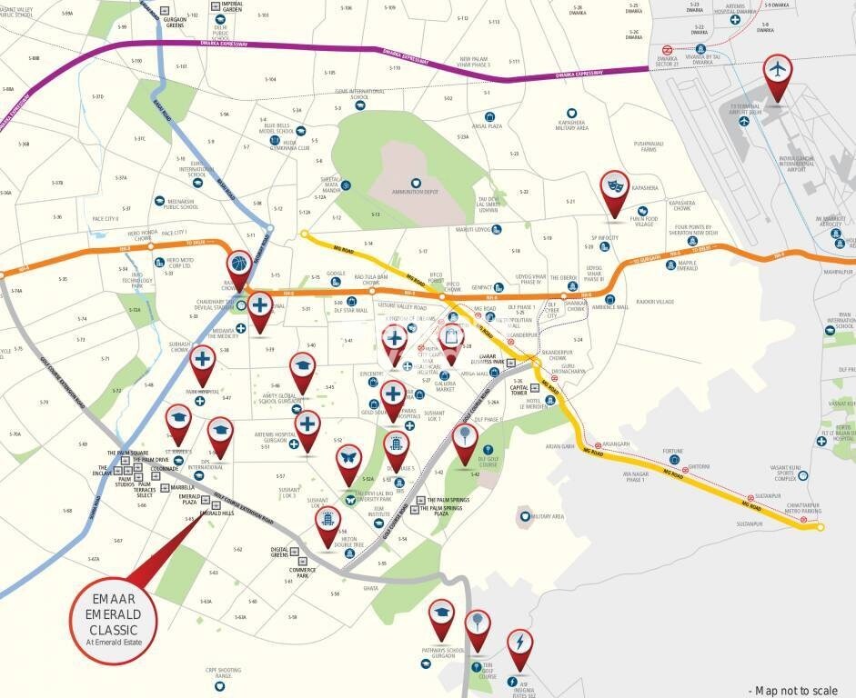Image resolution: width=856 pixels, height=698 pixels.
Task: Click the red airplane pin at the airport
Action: point(777,73)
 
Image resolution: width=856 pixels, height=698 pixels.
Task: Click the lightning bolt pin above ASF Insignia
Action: point(519,644)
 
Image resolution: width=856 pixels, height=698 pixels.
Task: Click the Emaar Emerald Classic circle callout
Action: point(115,617)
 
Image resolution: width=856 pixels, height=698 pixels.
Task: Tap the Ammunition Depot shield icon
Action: point(416,183)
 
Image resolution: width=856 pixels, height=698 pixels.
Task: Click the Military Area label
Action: point(548,516)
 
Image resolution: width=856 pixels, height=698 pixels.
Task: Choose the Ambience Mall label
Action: point(609,307)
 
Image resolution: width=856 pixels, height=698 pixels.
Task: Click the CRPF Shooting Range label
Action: point(223,673)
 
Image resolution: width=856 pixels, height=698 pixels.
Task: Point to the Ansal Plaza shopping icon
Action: point(489,116)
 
